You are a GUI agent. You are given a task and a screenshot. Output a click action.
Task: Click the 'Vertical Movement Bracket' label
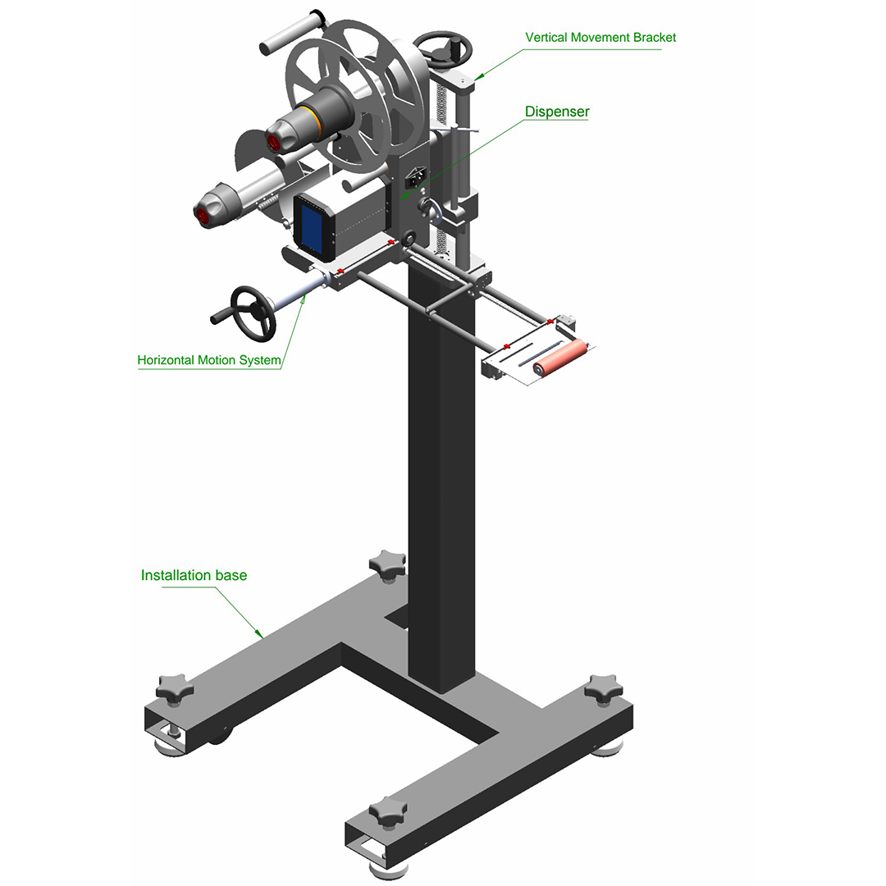click(600, 37)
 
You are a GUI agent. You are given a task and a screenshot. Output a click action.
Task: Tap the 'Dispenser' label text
click(556, 112)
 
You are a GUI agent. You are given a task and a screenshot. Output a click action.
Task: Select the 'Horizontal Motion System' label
click(209, 360)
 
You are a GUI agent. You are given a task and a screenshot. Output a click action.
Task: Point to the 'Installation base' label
click(194, 575)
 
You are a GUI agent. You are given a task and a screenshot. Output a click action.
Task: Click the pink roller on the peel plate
click(560, 357)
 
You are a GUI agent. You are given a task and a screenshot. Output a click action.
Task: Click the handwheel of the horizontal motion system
click(253, 313)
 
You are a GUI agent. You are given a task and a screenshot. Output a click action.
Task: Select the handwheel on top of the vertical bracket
click(442, 49)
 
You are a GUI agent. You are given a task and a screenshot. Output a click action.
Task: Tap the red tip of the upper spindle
click(273, 143)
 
